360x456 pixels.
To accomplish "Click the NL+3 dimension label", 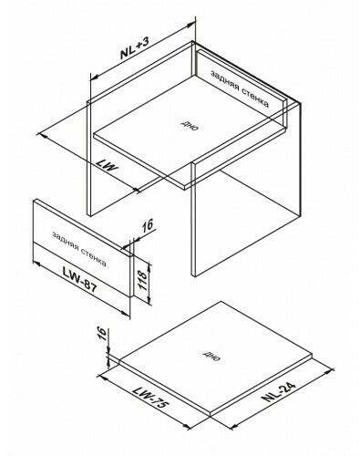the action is click(x=135, y=47).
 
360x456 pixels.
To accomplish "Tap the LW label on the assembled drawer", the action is click(x=108, y=166).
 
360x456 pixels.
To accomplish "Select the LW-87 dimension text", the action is click(x=79, y=279).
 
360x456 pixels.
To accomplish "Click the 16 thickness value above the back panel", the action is click(x=148, y=226).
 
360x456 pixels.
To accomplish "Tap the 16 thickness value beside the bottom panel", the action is click(x=103, y=334).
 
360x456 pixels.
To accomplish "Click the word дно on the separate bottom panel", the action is click(x=211, y=356).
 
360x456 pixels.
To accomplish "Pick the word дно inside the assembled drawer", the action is click(x=190, y=125).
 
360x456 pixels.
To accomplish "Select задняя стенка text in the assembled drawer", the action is click(x=240, y=89).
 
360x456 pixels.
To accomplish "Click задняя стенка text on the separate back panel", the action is click(x=79, y=249).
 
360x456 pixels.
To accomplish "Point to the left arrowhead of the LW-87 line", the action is click(x=36, y=264).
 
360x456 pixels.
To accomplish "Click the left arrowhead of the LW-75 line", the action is click(x=101, y=377).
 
